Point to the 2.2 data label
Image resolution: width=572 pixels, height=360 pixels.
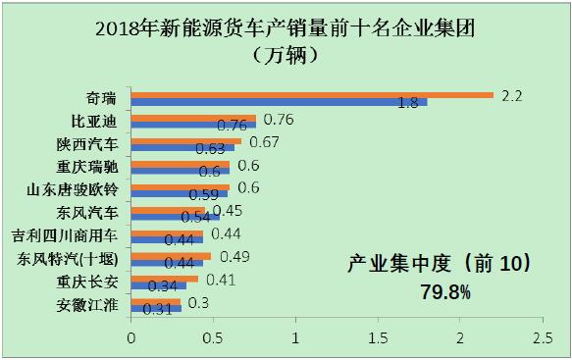[x=511, y=95]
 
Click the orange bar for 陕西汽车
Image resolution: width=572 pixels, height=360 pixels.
[x=186, y=140]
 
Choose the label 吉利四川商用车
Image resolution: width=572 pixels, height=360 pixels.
[x=67, y=235]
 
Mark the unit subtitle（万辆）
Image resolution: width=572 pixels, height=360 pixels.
[x=287, y=54]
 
